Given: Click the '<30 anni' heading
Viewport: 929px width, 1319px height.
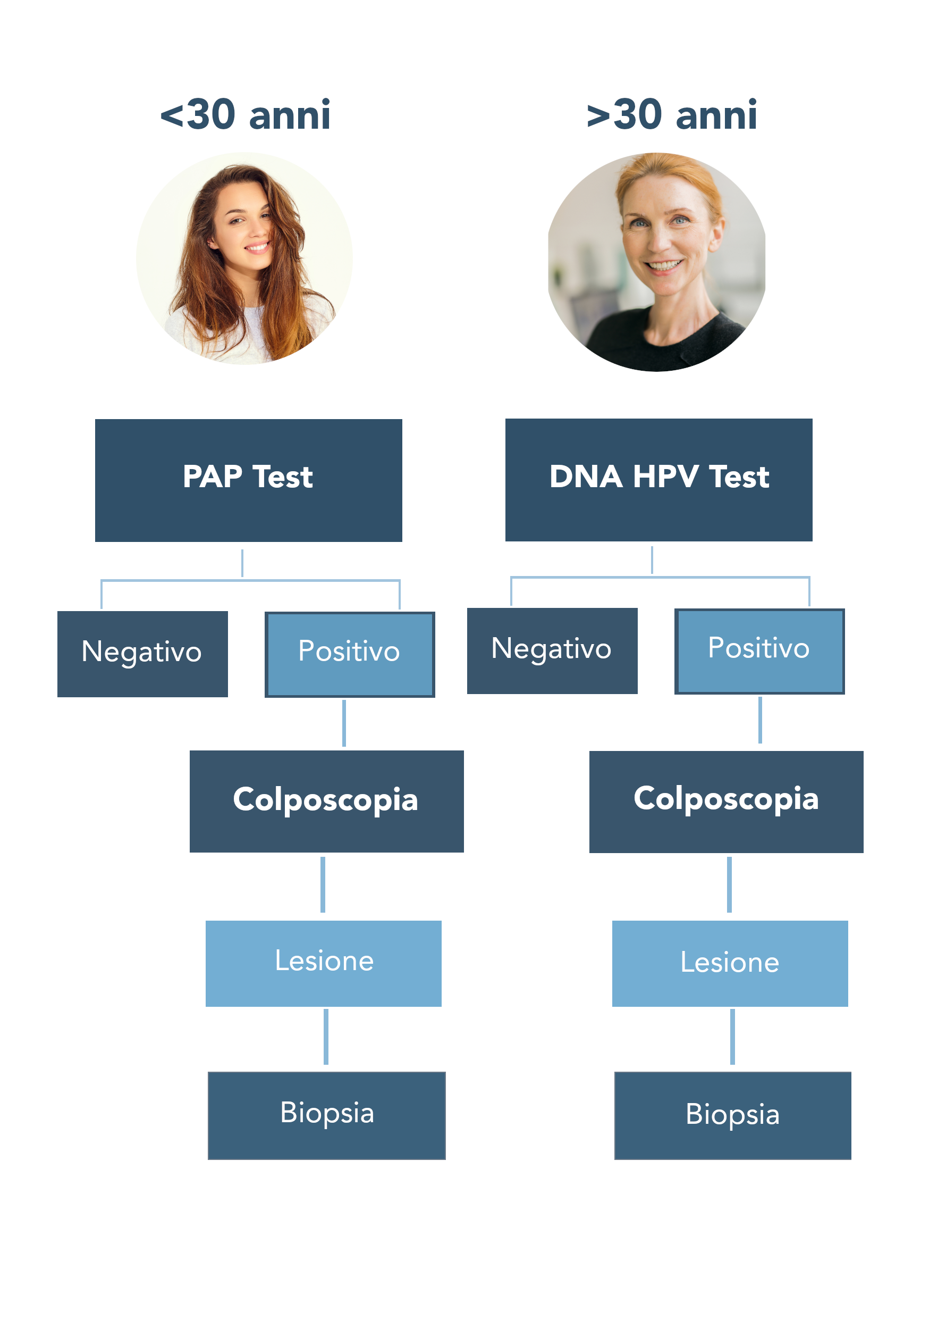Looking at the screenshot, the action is point(245,114).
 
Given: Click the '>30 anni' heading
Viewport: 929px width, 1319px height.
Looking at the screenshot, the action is point(672,114).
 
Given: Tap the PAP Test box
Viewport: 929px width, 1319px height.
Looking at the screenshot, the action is point(249,480).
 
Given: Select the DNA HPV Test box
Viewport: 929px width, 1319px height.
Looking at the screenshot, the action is point(658,480).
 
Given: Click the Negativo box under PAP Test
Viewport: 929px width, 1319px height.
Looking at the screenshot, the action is point(142,654).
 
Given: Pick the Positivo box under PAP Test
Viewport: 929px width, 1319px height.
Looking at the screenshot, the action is point(350,654).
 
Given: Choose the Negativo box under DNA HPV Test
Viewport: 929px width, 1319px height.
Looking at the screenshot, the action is point(552,651).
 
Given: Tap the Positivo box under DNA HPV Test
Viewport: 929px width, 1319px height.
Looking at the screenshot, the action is point(759,652).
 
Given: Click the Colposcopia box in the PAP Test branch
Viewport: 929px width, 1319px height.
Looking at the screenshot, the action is point(327,802).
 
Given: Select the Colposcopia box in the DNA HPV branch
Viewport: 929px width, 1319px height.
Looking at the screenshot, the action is point(727,802).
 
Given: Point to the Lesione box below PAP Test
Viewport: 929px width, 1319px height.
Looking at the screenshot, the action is point(324,963).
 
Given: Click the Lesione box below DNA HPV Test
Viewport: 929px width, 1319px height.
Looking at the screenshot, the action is point(730,963).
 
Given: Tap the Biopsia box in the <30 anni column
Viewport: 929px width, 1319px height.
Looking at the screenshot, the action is point(327,1116).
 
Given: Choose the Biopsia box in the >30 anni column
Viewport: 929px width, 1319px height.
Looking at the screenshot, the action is point(733,1116).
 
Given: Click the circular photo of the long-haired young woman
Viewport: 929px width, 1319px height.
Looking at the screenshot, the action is point(244,258).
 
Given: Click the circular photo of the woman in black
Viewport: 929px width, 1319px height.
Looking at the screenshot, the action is point(657,262).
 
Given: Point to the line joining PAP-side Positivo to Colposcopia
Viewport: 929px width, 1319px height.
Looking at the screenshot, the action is point(344,723).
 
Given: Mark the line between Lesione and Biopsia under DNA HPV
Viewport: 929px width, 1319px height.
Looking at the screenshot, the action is point(733,1037).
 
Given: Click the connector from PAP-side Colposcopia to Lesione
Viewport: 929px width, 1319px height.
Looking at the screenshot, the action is point(323,884).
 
